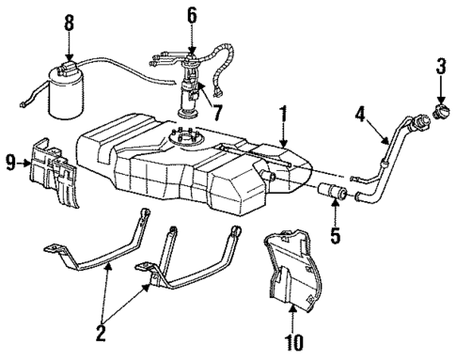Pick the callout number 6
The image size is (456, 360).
pos(191,14)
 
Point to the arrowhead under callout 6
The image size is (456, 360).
pos(191,50)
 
